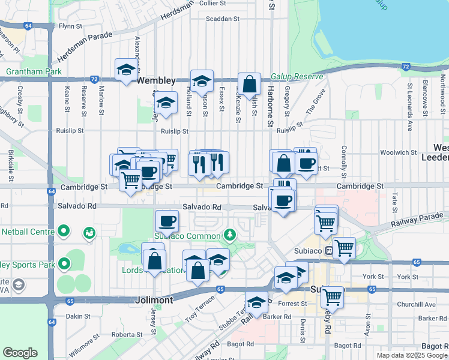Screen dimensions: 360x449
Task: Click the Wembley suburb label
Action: pos(156,80)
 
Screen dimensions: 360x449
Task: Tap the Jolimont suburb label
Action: pos(155,299)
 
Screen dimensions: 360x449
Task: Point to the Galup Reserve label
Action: pos(297,77)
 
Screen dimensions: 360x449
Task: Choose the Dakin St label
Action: pos(78,316)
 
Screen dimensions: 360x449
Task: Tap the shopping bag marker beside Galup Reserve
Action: pos(249,83)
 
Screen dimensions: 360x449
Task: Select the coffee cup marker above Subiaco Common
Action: pos(167,220)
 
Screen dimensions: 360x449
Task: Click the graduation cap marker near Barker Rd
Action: pos(257,302)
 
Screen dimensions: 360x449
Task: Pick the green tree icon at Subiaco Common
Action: pos(228,233)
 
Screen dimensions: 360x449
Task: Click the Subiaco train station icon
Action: pos(328,250)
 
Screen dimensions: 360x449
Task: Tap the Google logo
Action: pos(20,353)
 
